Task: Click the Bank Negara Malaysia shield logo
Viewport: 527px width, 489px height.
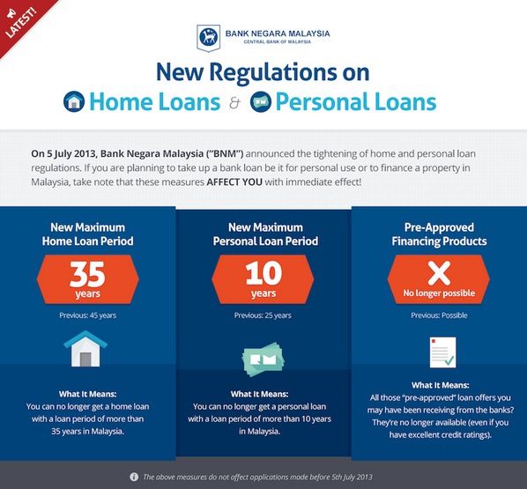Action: [208, 38]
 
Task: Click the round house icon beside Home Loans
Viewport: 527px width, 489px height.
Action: [74, 101]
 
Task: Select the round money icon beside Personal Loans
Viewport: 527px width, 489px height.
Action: [261, 101]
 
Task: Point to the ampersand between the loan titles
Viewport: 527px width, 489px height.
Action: [235, 103]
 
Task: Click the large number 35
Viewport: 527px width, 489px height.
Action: [87, 274]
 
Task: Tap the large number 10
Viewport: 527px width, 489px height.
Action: [263, 273]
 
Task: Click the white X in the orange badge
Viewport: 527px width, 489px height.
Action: [439, 273]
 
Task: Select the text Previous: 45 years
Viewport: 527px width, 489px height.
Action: [88, 315]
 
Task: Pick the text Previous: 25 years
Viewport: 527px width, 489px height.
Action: [263, 315]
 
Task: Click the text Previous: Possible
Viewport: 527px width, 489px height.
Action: [439, 315]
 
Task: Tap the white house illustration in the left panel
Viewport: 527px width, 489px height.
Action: [85, 349]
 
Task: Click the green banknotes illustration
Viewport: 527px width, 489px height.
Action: [263, 359]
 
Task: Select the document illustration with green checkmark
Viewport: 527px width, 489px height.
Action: [443, 352]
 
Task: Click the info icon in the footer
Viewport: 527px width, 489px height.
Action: [134, 477]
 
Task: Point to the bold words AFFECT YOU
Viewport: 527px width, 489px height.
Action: [234, 182]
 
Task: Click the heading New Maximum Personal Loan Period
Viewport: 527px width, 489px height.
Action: [265, 234]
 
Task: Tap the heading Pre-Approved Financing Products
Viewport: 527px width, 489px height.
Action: [439, 234]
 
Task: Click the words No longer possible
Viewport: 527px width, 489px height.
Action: [439, 293]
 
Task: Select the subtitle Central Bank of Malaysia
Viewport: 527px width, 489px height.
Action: [278, 41]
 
